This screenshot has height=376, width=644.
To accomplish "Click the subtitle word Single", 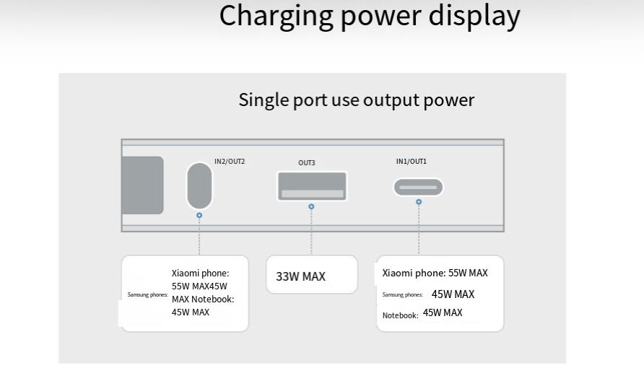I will pos(261,100).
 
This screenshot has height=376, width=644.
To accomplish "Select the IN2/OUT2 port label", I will pos(230,161).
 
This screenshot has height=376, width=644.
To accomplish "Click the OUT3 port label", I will pos(307,163).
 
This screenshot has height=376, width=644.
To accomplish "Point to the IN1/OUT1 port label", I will pos(411,162).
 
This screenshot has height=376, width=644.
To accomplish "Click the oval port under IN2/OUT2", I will pos(199,185).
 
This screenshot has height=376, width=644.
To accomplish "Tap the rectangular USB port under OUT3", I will pos(311,186).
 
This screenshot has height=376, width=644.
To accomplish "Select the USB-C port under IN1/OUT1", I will pos(418,188).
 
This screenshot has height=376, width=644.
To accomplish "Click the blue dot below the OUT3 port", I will pos(311,206).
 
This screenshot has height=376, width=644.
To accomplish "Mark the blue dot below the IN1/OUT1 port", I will pos(418,202).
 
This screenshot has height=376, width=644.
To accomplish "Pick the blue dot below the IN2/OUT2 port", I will pos(199,215).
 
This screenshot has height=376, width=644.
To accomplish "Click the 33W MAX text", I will pos(300,276).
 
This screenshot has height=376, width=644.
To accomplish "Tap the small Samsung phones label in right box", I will pos(403,295).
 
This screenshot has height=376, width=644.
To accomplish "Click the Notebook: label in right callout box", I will pos(400,315).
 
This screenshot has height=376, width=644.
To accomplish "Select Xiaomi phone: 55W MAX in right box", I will pos(435,274).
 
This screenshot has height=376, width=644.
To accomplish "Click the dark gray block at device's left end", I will pos(142,185).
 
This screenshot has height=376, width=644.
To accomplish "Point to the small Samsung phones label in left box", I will pos(147,295).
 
